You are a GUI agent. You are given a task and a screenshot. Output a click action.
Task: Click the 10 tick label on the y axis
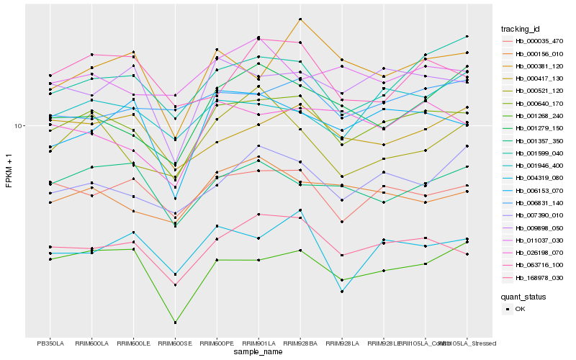[x=19, y=126]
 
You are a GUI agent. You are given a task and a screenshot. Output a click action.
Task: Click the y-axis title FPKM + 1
[x=9, y=171]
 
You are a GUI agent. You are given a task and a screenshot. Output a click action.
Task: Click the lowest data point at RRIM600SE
[x=175, y=323]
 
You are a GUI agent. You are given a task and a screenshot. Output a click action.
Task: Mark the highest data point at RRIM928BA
[x=300, y=19]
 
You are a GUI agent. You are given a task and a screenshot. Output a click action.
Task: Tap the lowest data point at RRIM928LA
[x=342, y=292]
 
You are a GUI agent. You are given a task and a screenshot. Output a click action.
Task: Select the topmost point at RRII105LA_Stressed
[x=467, y=36]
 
